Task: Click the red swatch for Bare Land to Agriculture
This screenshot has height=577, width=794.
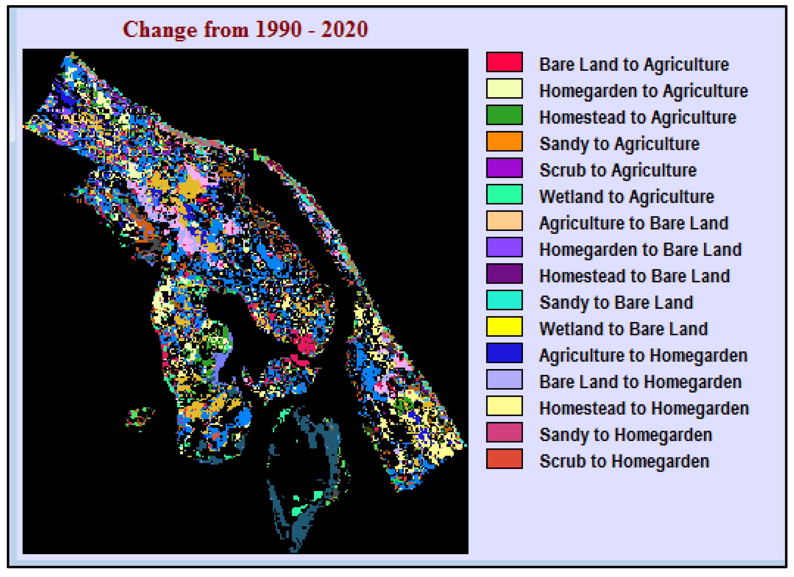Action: (504, 62)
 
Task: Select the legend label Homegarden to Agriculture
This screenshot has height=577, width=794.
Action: (643, 91)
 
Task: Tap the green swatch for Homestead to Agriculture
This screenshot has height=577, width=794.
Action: (504, 115)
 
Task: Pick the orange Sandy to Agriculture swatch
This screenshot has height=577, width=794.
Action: (504, 141)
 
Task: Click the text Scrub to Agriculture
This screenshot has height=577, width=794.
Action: (618, 170)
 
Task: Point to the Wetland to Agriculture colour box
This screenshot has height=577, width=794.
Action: (504, 194)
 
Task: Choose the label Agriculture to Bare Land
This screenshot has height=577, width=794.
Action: (634, 223)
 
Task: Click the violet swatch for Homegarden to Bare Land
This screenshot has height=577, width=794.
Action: (504, 247)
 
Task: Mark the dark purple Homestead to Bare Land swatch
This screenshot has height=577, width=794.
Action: (504, 273)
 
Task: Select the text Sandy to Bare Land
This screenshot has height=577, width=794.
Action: (616, 303)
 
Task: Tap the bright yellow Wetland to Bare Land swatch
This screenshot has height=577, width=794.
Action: (504, 326)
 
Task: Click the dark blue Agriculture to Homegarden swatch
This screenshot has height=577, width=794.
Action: (504, 353)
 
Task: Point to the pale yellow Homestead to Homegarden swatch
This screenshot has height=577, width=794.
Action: (504, 406)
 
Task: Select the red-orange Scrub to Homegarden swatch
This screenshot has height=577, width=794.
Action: (504, 459)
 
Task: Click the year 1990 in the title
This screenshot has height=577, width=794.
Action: (278, 29)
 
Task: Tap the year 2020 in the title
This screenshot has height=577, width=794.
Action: (344, 29)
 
